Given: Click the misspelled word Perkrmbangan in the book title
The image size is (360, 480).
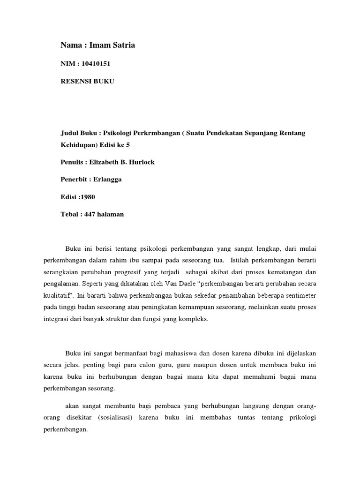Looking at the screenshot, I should [156, 133].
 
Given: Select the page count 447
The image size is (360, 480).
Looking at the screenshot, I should [90, 214].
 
